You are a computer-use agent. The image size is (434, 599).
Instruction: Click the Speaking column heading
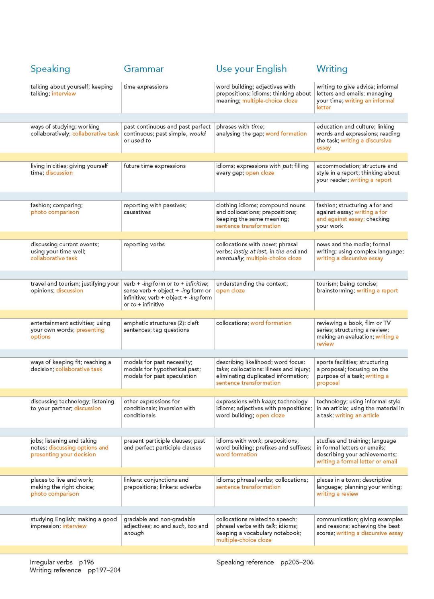[x=50, y=69]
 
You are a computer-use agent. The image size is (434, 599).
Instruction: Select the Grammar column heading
[x=143, y=69]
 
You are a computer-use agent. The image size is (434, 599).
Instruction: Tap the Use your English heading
[x=251, y=69]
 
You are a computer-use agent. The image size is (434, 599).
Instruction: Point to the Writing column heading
[x=332, y=69]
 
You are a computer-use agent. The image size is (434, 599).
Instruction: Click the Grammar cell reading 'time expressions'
[x=146, y=87]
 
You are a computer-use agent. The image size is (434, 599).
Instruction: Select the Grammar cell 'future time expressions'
[x=155, y=166]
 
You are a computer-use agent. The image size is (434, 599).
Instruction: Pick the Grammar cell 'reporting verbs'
[x=144, y=244]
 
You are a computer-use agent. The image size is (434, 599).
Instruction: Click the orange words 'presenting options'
[x=68, y=333]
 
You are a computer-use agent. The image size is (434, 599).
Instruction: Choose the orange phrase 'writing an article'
[x=357, y=415]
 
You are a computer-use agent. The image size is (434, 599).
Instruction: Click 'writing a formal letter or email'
[x=356, y=462]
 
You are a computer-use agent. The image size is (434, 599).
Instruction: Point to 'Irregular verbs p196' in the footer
[x=61, y=562]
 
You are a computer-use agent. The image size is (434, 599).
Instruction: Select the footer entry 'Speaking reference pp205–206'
[x=265, y=562]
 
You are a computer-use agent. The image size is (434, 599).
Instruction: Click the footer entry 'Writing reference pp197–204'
[x=75, y=570]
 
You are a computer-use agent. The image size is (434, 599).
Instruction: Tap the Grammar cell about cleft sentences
[x=161, y=326]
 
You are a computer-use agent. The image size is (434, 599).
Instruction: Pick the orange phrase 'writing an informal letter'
[x=355, y=104]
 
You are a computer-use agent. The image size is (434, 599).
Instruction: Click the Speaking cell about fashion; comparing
[x=57, y=209]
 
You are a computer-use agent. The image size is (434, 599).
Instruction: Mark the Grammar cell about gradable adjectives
[x=166, y=526]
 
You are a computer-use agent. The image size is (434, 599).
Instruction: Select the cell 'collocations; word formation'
[x=254, y=323]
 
